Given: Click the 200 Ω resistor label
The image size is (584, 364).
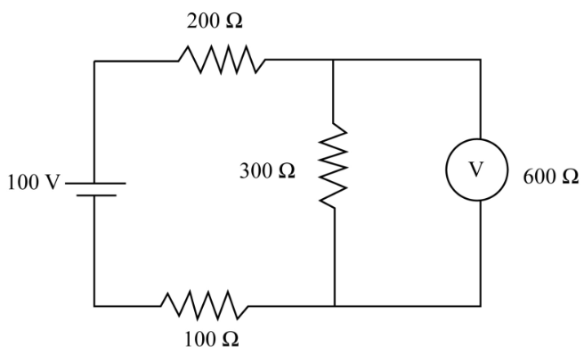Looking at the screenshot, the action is [x=215, y=21].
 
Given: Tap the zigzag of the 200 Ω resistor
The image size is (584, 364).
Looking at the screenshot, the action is [x=222, y=60].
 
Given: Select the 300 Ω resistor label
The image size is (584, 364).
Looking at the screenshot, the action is [x=267, y=171].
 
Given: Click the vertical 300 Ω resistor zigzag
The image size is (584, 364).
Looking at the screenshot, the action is [x=334, y=165].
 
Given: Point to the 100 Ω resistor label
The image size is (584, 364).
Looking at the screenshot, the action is [x=212, y=339].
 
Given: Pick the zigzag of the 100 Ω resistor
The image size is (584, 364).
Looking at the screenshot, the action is [x=205, y=305].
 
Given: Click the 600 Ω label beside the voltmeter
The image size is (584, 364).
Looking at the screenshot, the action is [x=551, y=177].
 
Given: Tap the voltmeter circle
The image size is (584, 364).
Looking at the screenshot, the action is [x=447, y=170].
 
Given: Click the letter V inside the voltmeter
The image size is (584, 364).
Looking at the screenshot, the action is [x=476, y=170].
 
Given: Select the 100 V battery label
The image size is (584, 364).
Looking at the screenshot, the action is [x=34, y=183].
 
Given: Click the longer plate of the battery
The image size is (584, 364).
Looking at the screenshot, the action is [x=95, y=183].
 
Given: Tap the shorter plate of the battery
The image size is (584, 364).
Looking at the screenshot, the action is [x=96, y=195].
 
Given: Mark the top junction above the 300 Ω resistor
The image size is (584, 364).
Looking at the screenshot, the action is [x=333, y=60].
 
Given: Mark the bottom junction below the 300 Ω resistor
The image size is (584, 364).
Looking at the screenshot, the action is [x=335, y=306].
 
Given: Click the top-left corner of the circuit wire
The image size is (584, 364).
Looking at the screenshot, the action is [x=94, y=61].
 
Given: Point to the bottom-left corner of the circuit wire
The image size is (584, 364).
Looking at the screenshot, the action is [x=94, y=306].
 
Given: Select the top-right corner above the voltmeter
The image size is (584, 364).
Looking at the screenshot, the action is [x=481, y=60].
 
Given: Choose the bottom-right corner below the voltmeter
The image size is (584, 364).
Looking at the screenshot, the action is [x=481, y=306].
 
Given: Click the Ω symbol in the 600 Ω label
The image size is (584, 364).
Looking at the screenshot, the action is [x=571, y=177].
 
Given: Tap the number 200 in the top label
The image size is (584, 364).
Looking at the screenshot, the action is [x=203, y=21].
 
